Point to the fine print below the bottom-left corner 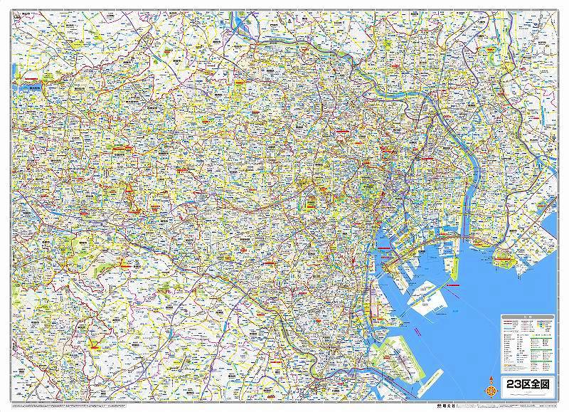click(x=43, y=408)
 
